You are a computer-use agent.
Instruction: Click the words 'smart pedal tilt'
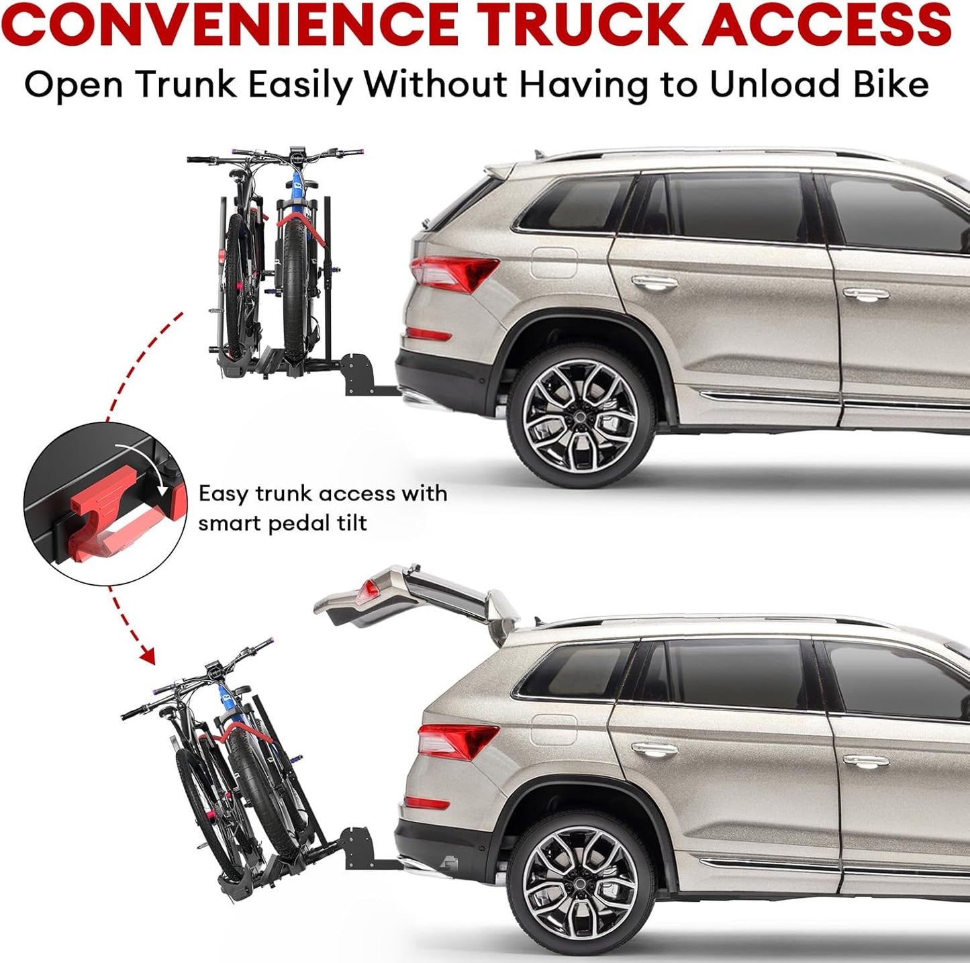tap(283, 523)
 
